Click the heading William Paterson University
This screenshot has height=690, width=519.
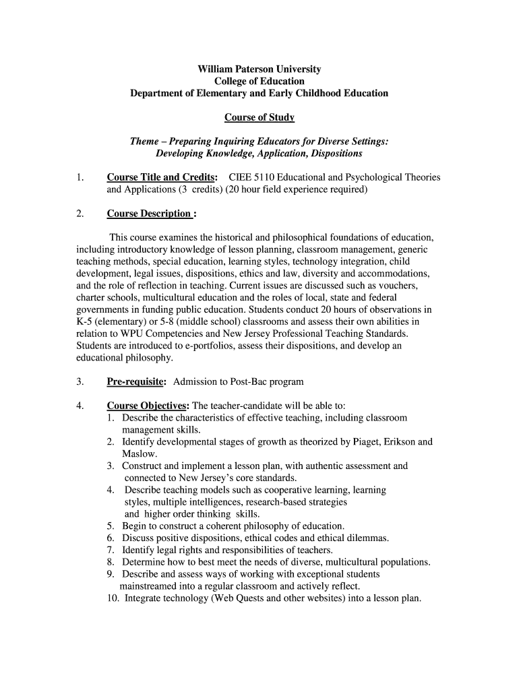click(259, 69)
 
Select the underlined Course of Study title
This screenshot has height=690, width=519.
click(259, 117)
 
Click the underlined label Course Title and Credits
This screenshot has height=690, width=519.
click(162, 177)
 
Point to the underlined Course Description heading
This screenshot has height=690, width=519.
click(152, 214)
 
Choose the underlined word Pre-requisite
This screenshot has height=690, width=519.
click(136, 381)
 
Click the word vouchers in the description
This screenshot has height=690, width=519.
click(398, 286)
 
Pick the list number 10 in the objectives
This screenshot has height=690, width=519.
click(113, 598)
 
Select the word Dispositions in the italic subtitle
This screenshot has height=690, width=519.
click(328, 154)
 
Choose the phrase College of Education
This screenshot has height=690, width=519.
click(259, 81)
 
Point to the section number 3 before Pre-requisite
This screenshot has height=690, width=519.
click(80, 381)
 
